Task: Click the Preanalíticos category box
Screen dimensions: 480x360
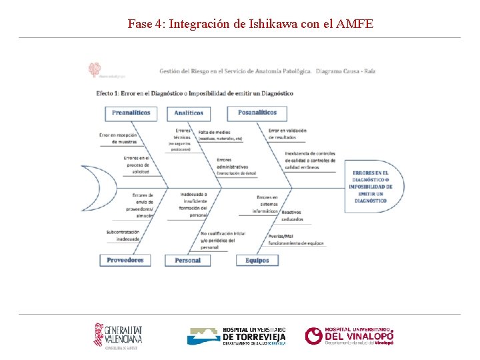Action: point(131,113)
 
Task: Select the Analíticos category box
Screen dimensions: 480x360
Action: point(189,113)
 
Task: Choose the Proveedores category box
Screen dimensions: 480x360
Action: point(125,260)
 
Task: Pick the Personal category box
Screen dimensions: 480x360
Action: point(188,260)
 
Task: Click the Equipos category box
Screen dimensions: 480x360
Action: point(257,260)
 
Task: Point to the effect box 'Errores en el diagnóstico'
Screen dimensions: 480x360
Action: point(370,187)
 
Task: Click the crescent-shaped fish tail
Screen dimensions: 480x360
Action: point(100,187)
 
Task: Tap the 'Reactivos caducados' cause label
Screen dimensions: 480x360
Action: point(292,216)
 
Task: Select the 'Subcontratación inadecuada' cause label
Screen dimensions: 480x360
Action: point(123,235)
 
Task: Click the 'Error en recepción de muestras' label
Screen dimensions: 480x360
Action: point(118,138)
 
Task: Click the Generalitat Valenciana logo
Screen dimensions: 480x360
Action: point(118,335)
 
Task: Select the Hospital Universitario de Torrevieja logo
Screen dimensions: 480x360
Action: point(237,336)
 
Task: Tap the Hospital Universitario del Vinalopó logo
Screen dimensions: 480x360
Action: point(349,336)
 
